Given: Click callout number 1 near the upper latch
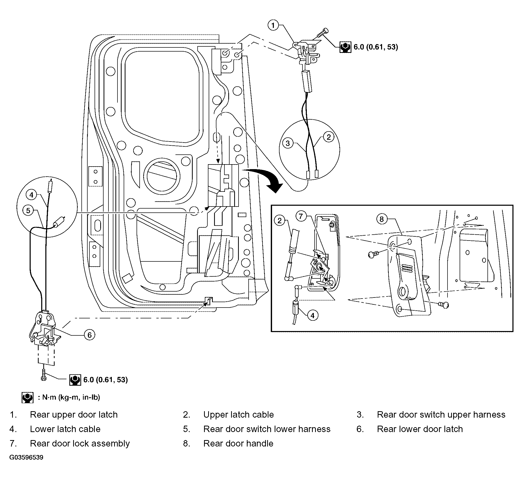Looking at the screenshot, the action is (273, 26).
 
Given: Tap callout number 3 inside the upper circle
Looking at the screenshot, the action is (288, 143).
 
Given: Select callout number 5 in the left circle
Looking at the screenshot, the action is (28, 211).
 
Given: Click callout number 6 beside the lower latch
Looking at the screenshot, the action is (89, 335).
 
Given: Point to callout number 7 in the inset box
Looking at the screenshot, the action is (301, 216).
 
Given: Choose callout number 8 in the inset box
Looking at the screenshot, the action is (382, 219).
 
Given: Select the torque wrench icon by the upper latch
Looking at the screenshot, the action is (345, 47).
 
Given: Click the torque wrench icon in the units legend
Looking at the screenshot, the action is (28, 397).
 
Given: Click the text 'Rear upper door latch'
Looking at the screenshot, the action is (74, 415).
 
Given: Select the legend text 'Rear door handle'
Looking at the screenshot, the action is (238, 443).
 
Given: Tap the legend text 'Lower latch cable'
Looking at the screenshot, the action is (65, 429).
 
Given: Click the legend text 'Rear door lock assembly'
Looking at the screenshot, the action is (80, 444).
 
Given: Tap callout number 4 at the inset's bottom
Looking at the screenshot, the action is (312, 316).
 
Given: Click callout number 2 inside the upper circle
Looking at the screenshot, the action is (329, 137).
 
